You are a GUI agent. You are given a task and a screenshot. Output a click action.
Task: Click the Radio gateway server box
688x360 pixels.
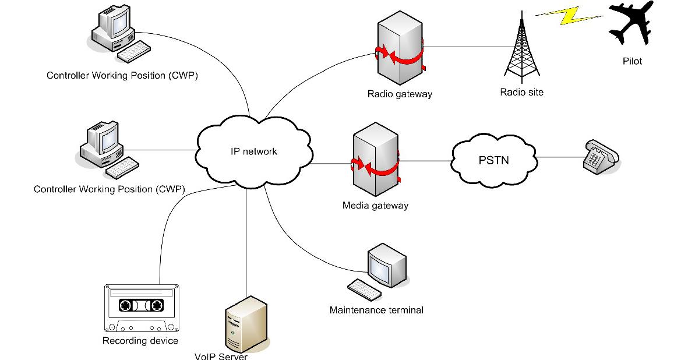(x=400, y=48)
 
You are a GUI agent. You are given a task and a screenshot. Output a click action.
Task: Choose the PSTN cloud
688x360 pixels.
(x=493, y=159)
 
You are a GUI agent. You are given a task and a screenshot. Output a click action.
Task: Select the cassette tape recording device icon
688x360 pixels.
(x=140, y=307)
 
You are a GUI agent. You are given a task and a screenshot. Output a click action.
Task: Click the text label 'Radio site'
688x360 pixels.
(x=521, y=92)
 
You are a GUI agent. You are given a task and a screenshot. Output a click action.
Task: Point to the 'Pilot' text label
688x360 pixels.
(x=631, y=61)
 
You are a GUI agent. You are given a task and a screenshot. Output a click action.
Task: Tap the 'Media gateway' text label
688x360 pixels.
(x=375, y=206)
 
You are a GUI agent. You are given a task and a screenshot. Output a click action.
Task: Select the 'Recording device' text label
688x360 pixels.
(x=140, y=341)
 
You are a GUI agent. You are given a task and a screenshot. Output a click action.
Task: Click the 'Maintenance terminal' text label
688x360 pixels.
(x=376, y=310)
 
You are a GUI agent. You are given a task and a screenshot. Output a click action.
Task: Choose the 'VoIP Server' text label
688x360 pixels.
(x=221, y=356)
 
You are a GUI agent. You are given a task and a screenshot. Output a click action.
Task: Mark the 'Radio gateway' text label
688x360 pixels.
(x=400, y=94)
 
